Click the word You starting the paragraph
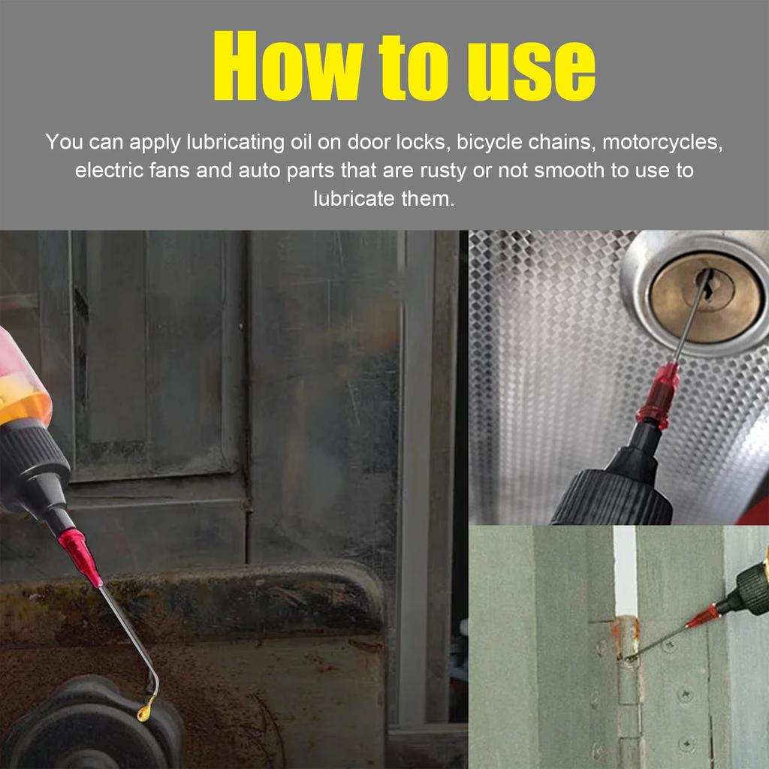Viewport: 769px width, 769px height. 64,142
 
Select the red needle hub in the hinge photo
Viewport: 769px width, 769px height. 703,617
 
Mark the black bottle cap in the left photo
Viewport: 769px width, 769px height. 34,466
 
